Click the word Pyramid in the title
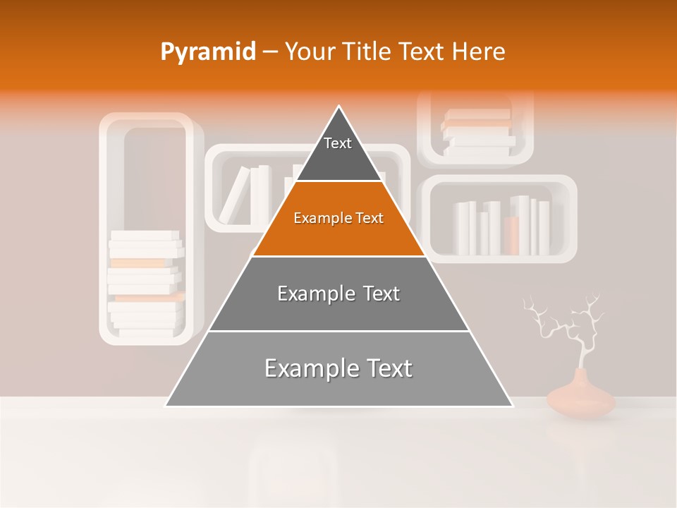click(x=208, y=52)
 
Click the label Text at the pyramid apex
click(x=338, y=143)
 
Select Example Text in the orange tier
click(x=338, y=218)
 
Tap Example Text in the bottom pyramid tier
click(x=338, y=368)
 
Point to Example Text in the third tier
click(x=338, y=294)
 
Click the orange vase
click(x=580, y=397)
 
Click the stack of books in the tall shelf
click(x=146, y=282)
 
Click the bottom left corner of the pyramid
click(x=166, y=406)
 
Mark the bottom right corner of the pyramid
click(x=512, y=406)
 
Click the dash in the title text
click(x=270, y=52)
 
